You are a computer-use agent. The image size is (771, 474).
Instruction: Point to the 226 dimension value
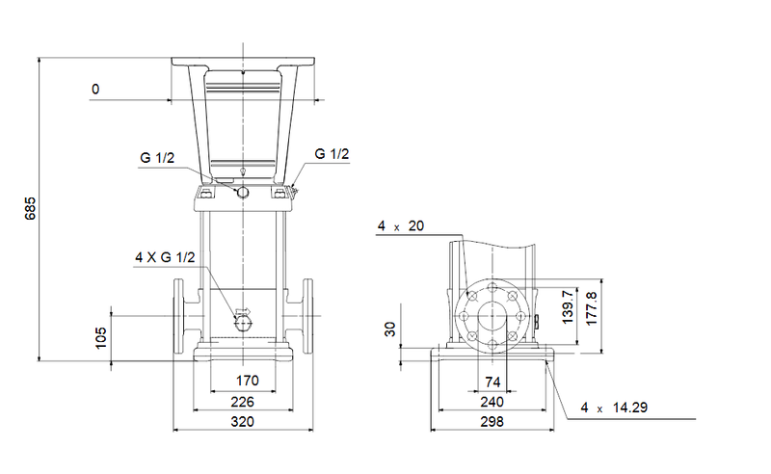244,402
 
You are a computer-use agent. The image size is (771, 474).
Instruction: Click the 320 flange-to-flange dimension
244,422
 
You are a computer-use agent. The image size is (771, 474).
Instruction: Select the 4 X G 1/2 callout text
165,257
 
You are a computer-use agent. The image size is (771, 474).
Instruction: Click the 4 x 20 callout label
401,225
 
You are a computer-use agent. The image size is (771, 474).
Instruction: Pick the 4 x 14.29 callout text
614,408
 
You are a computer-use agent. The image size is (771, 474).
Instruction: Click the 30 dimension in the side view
390,329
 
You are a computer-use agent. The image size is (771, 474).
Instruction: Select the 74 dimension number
493,382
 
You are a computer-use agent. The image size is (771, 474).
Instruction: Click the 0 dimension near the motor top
94,90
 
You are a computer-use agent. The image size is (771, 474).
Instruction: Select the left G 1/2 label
157,158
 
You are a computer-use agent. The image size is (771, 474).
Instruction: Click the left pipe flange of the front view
182,317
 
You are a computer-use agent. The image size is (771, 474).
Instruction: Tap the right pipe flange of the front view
306,317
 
